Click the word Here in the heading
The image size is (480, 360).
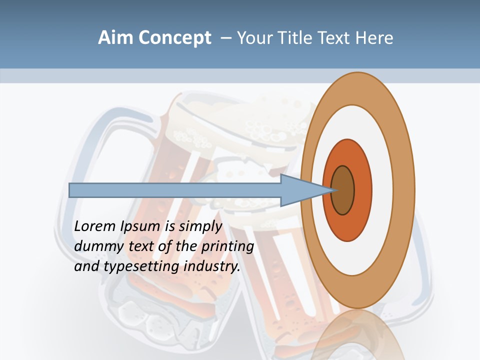pos(374,38)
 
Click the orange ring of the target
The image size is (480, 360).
pos(362,190)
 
